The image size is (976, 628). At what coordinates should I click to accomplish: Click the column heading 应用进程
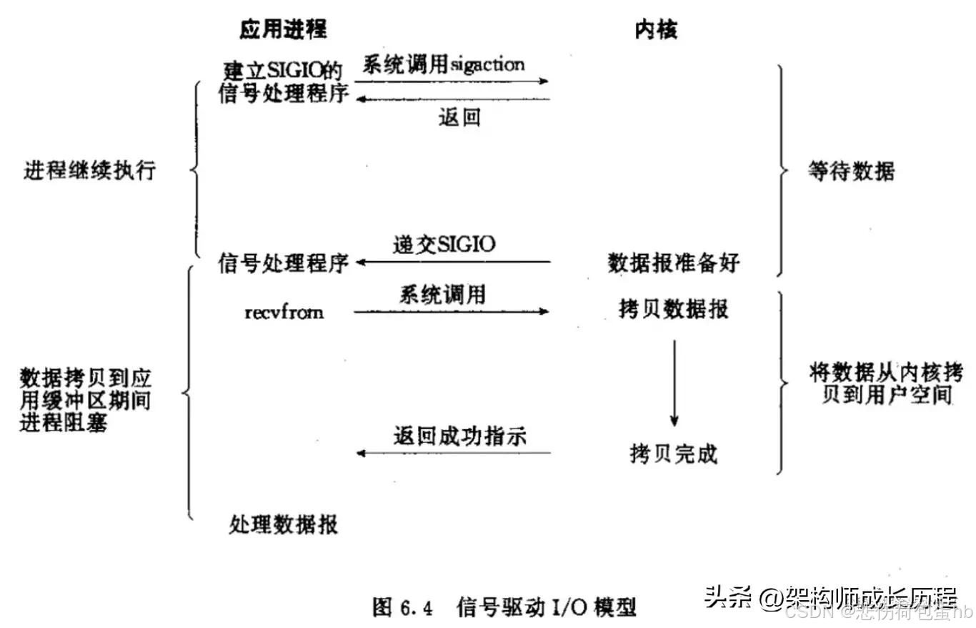coord(283,29)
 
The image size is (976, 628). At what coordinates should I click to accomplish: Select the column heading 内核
coord(655,29)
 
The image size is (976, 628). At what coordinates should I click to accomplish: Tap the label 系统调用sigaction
coord(444,65)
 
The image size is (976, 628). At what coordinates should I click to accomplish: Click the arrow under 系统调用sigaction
coord(452,82)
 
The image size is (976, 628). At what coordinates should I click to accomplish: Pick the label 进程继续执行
coord(89,172)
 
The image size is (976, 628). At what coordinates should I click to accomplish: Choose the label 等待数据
coord(851,172)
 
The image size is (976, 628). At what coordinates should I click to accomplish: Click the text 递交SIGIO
coord(444,244)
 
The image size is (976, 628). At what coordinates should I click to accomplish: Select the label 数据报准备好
coord(673,263)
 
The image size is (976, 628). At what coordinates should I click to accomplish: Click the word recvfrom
coord(283,312)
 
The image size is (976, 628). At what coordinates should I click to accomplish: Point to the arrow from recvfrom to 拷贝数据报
coord(452,312)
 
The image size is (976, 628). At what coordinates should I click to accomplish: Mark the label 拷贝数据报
coord(673,309)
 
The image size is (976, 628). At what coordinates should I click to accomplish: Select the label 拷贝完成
coord(673,453)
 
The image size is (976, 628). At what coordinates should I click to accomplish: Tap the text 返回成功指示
coord(459,435)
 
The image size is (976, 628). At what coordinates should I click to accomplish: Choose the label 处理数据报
coord(284,525)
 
